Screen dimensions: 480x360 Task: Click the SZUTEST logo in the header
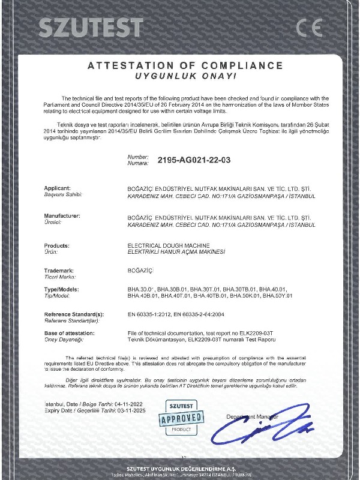[91, 27]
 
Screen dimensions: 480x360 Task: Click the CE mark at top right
[309, 27]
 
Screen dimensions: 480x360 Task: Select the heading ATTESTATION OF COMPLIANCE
[185, 65]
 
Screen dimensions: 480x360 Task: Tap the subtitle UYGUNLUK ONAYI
[185, 77]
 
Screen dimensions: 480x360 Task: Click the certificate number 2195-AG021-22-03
[194, 160]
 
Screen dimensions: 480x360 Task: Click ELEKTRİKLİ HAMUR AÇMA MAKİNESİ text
[176, 252]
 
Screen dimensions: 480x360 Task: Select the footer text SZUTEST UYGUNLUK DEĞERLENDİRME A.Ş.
[181, 467]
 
